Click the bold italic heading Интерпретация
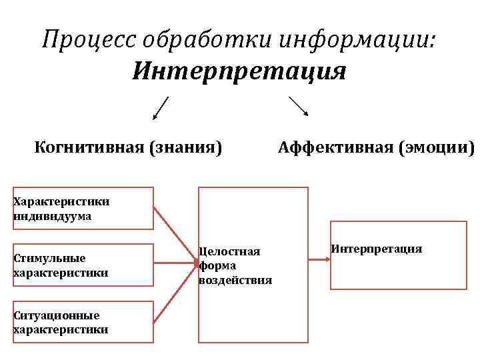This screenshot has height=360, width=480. pyautogui.click(x=239, y=70)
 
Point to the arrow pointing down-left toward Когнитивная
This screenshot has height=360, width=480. pyautogui.click(x=160, y=108)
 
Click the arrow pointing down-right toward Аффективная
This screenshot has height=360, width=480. pyautogui.click(x=298, y=107)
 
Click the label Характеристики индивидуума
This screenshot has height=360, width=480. pyautogui.click(x=61, y=208)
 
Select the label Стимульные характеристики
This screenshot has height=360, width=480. pyautogui.click(x=60, y=265)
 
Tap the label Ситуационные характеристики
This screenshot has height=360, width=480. pyautogui.click(x=60, y=322)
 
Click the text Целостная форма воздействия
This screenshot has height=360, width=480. pyautogui.click(x=235, y=265)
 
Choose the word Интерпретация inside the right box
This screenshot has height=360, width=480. pyautogui.click(x=376, y=249)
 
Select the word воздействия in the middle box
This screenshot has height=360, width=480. pyautogui.click(x=235, y=280)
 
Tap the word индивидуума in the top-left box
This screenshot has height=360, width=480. pyautogui.click(x=52, y=216)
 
